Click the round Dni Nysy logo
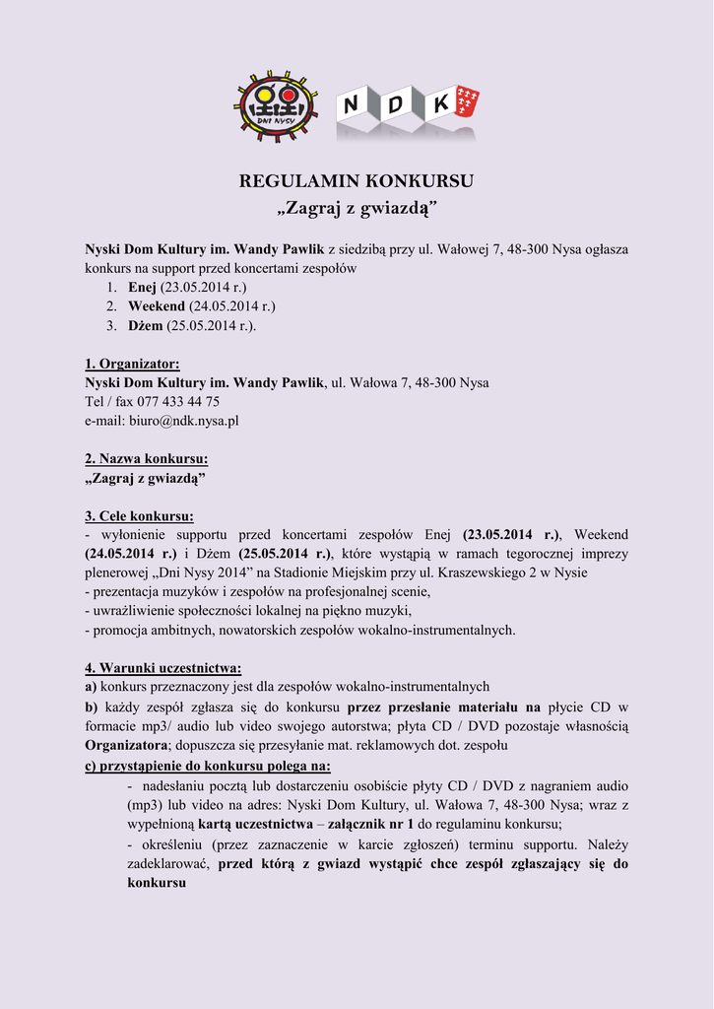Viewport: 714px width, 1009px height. [x=276, y=105]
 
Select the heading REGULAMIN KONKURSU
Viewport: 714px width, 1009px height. [x=357, y=181]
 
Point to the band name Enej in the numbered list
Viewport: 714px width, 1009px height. [x=143, y=287]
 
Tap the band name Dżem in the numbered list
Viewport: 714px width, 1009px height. [x=145, y=325]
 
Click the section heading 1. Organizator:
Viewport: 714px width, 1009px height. [x=132, y=364]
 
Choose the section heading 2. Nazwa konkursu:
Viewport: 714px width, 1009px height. [x=146, y=459]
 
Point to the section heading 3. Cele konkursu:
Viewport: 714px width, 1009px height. [x=139, y=515]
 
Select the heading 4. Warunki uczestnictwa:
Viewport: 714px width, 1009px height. [x=162, y=668]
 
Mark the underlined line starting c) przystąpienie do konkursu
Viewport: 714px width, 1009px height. [x=208, y=766]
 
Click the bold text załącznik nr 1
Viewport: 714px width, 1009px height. [x=374, y=824]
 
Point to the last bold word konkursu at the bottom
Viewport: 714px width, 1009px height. [x=157, y=882]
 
